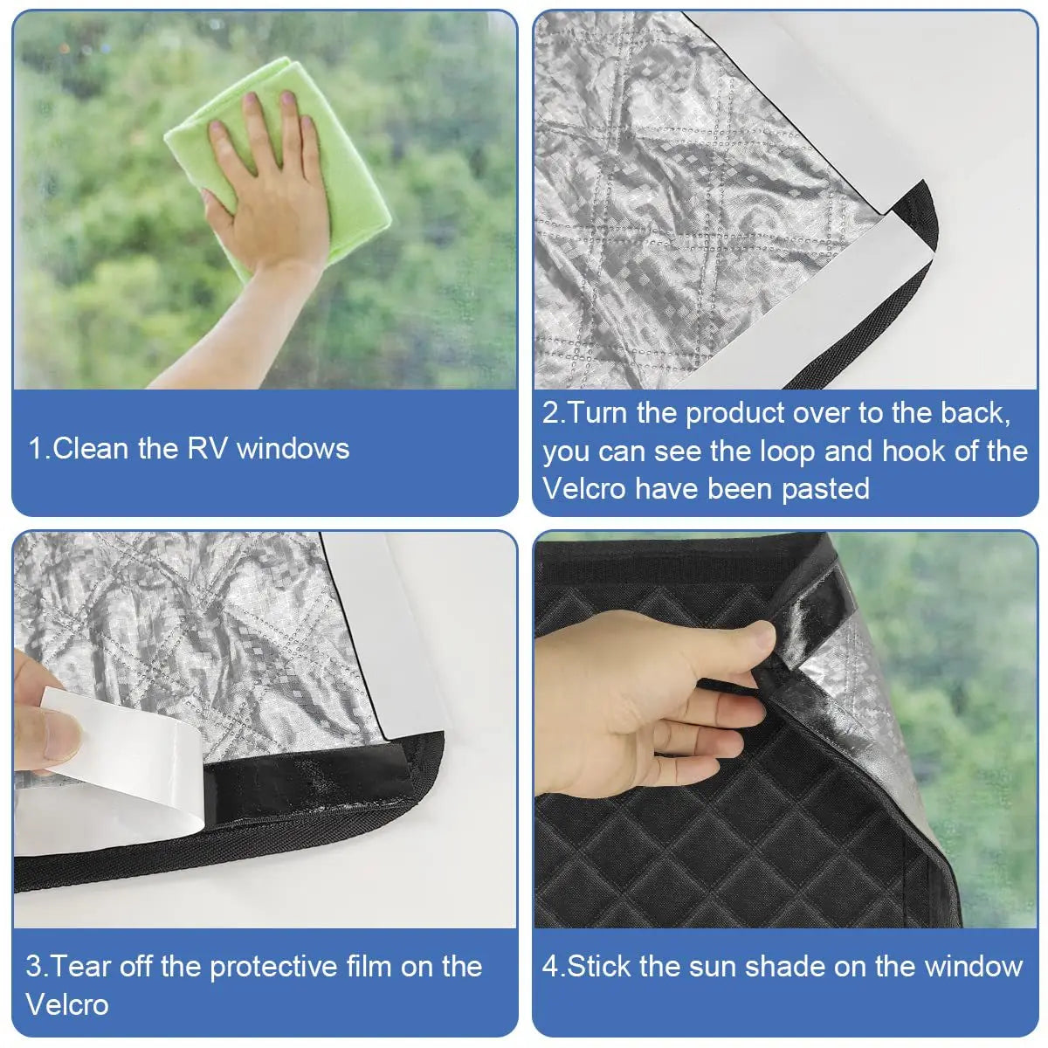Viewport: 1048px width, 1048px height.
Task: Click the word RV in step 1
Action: pos(208,449)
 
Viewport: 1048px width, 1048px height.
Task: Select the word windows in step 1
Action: pos(293,449)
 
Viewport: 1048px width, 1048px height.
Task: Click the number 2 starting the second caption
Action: pos(550,413)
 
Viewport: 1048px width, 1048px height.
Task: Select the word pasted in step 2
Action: pos(825,489)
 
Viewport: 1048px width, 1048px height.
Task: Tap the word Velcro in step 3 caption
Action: pos(67,1004)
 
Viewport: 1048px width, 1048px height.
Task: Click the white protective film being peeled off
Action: pos(131,769)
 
